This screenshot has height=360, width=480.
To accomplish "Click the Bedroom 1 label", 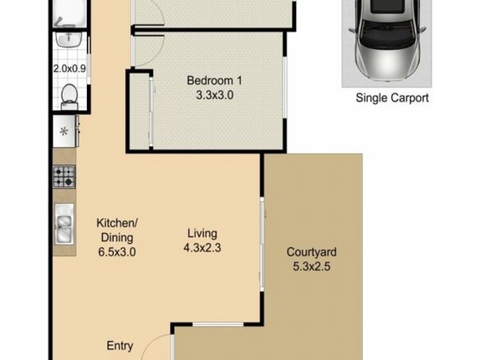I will click(x=214, y=80).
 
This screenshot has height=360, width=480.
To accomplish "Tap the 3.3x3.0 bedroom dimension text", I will click(x=214, y=95).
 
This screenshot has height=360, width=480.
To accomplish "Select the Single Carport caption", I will click(x=392, y=98).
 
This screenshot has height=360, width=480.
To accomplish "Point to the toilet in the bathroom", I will click(x=69, y=96).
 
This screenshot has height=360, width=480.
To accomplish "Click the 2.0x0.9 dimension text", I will click(x=70, y=68).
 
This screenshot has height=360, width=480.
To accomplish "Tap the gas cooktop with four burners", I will click(x=64, y=176).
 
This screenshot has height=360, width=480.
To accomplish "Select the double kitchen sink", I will click(x=64, y=224).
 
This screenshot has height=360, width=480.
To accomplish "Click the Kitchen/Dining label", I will click(x=118, y=230).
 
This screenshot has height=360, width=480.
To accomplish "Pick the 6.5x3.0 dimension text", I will click(x=118, y=252).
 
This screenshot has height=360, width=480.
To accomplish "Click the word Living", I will click(x=202, y=233).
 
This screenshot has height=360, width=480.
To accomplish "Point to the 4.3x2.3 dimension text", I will click(x=202, y=247).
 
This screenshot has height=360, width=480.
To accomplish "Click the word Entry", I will click(x=120, y=346).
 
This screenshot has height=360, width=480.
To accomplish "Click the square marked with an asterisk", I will click(x=64, y=131).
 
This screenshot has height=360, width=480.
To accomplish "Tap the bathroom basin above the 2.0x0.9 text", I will click(x=68, y=39).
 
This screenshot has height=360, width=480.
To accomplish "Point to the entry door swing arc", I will click(x=157, y=346).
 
